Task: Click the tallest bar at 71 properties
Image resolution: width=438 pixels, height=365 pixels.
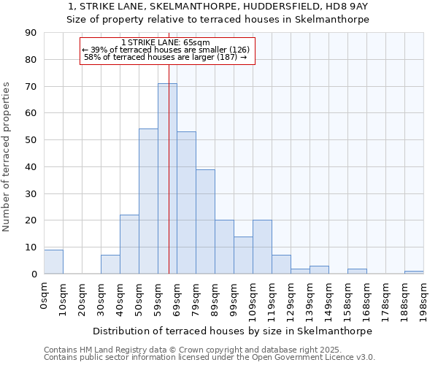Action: coord(167,179)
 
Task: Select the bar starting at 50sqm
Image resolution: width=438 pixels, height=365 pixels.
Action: coord(148,201)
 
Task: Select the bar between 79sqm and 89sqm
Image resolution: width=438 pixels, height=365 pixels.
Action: coord(205,222)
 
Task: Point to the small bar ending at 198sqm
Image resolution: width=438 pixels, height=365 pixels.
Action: coord(414,272)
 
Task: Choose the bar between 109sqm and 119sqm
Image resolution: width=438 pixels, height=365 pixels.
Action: coord(262,247)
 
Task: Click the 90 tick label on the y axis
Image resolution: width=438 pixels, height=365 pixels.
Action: coord(31,33)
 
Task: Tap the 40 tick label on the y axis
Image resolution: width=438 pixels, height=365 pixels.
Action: coord(31,166)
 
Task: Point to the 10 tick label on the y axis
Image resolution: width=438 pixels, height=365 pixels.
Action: coord(31,247)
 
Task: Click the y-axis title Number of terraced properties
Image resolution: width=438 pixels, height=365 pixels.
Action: coord(7,157)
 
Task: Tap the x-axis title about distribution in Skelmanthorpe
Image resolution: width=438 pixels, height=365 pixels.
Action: coord(232,331)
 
